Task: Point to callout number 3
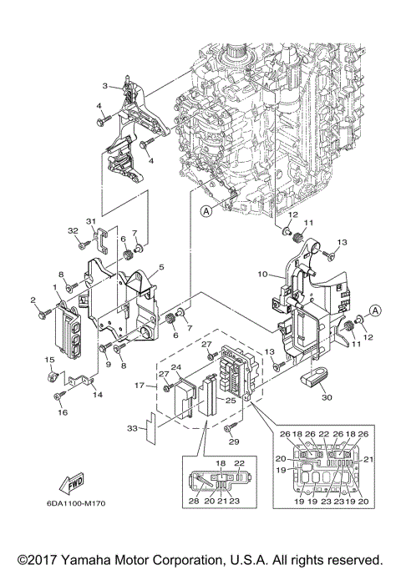(105, 85)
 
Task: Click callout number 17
(141, 386)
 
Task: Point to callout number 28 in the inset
(194, 502)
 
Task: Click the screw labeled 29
(226, 426)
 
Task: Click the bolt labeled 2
(42, 313)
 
